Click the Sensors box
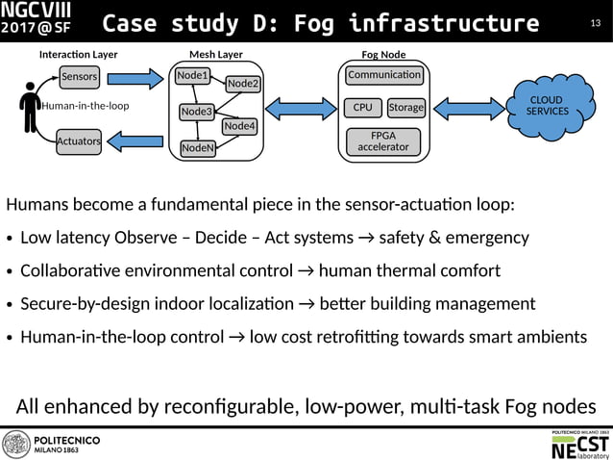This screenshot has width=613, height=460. click(79, 76)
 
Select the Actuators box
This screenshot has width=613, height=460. click(79, 141)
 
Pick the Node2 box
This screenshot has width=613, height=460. click(243, 85)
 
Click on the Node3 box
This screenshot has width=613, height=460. click(196, 113)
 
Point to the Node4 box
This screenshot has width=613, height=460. click(239, 126)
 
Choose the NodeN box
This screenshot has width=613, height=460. click(198, 148)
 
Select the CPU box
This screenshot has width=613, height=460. click(363, 107)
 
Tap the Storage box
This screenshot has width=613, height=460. click(406, 107)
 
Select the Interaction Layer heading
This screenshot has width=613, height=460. click(78, 55)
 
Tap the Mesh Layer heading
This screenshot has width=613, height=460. click(216, 55)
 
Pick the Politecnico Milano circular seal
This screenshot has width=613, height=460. click(16, 445)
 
